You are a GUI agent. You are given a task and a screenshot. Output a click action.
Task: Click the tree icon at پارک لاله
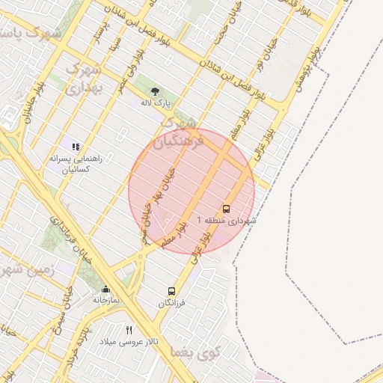[155, 91]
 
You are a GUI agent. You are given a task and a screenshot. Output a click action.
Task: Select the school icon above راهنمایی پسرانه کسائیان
[75, 145]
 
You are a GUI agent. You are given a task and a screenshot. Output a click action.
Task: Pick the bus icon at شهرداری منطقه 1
[226, 209]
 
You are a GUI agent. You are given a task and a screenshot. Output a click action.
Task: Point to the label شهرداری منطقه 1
[226, 221]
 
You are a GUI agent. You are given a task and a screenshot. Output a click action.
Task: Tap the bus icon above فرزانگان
[172, 291]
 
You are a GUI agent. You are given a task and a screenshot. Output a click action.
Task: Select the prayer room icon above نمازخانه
[105, 289]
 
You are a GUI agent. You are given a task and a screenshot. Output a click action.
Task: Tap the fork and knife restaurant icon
[129, 330]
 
